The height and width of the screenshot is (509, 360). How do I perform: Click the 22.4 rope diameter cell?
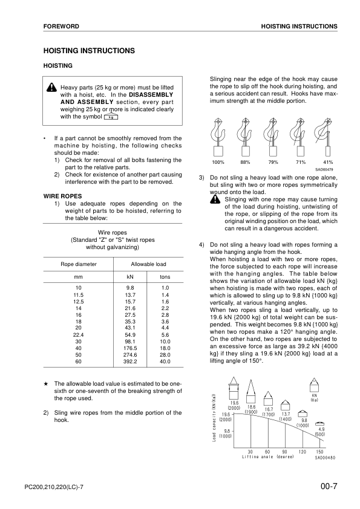point(77,334)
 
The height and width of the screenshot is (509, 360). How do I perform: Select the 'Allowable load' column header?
point(148,264)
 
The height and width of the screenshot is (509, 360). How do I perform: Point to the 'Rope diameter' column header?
point(77,264)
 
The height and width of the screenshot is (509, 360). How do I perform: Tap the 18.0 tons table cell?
point(165,348)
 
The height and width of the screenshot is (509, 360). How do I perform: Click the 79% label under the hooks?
point(273,163)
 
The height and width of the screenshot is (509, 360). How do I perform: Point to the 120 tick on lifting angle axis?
point(302,452)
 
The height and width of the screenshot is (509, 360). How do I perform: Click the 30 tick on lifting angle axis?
point(250,452)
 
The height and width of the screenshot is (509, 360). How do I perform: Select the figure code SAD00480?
point(326,458)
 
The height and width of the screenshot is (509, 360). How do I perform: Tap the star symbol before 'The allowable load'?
point(46,383)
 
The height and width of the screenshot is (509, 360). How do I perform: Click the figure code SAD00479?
point(326,170)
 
